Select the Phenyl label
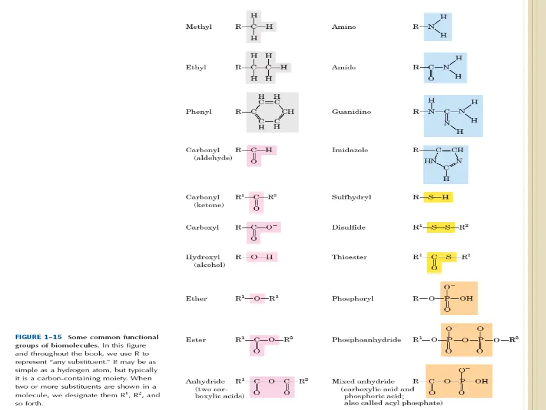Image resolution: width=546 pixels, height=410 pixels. point(198,112)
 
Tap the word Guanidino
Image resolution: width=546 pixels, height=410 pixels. point(351,112)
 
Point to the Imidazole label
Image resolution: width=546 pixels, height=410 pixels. point(350,151)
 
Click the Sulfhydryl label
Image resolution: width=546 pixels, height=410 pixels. point(351,198)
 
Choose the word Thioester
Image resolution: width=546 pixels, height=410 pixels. point(349,257)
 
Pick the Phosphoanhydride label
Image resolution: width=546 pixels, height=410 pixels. point(366,340)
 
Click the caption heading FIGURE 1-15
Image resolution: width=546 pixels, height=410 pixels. point(38,337)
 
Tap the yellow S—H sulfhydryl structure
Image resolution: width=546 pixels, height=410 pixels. point(438,198)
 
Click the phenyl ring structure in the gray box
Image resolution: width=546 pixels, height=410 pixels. point(272,112)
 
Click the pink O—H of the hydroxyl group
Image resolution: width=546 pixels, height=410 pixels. point(262,257)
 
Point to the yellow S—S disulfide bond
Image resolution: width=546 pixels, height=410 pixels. point(441,227)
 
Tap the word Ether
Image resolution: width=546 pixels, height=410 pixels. point(196,299)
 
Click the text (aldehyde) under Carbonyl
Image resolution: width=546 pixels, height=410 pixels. point(213,158)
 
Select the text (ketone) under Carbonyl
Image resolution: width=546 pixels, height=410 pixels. point(209,205)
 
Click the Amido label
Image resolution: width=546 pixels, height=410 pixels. point(344,68)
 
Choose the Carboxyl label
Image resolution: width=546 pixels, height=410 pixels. point(202,227)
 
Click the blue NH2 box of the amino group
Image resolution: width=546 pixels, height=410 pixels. point(438,27)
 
